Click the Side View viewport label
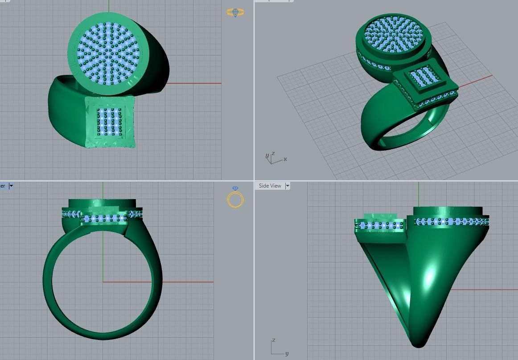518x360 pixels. [x=270, y=186]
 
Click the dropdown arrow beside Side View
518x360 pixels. [x=288, y=186]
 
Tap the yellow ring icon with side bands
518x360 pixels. [x=235, y=12]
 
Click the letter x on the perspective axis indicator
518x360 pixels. [x=285, y=159]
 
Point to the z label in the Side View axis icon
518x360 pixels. [x=274, y=340]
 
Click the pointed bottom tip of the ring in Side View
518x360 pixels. [x=417, y=343]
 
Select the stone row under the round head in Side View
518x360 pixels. [x=450, y=221]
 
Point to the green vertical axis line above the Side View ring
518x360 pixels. [x=419, y=194]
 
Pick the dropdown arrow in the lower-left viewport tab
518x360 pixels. [x=11, y=186]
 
